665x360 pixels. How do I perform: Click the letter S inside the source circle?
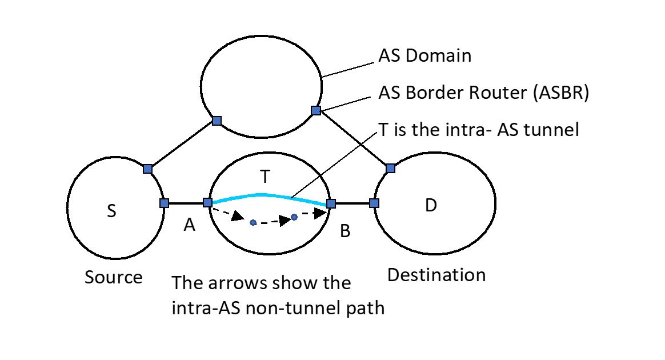point(111,211)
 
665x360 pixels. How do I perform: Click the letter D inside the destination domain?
point(431,206)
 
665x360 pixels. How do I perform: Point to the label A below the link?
point(190,226)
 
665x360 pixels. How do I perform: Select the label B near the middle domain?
point(345,231)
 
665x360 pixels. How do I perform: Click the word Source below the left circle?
point(114,277)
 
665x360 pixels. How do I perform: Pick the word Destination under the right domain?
point(436,275)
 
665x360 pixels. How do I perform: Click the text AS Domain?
point(425,55)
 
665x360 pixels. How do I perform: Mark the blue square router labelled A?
point(208,202)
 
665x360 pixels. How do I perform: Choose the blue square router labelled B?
point(331,203)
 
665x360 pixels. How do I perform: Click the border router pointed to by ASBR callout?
point(315,110)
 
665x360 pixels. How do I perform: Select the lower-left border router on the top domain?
point(217,121)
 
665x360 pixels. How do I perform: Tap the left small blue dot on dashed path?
point(253,222)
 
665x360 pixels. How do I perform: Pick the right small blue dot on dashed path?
point(294,217)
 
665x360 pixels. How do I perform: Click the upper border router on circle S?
point(147,169)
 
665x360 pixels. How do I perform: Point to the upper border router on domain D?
point(390,168)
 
